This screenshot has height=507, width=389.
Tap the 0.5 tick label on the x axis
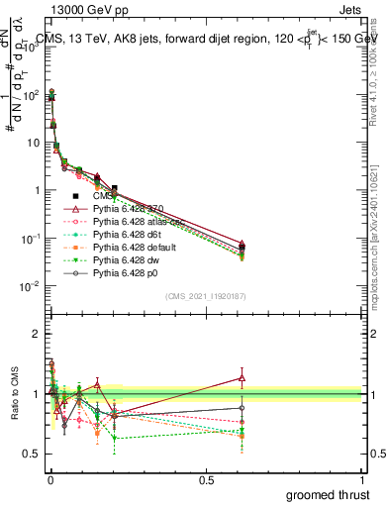click(x=206, y=479)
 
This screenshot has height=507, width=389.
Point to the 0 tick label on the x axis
click(x=49, y=479)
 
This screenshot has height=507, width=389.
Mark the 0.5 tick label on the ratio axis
click(x=32, y=455)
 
